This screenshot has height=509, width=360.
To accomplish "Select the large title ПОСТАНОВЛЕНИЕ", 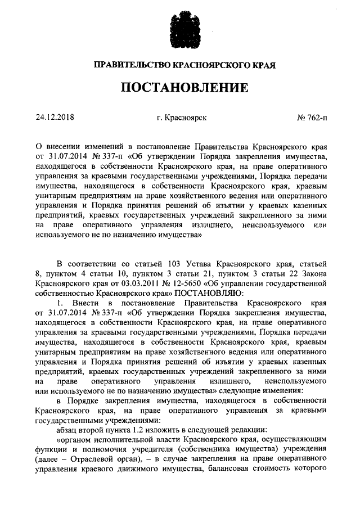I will [180, 88].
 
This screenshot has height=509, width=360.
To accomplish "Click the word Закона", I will [310, 273].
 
